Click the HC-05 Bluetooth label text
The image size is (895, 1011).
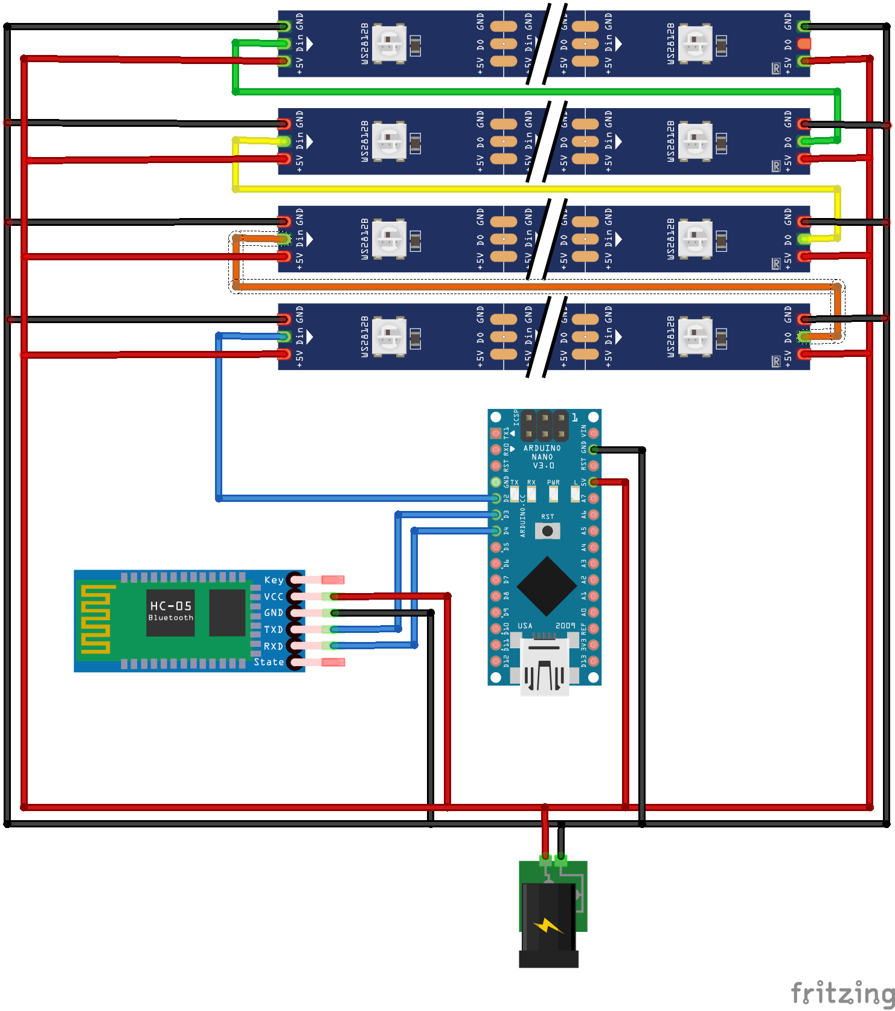pyautogui.click(x=171, y=610)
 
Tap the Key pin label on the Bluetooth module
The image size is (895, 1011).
pyautogui.click(x=274, y=580)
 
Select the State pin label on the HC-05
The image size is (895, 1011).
pyautogui.click(x=269, y=662)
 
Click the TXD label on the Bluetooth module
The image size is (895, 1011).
pyautogui.click(x=273, y=629)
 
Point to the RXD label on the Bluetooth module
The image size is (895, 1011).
pyautogui.click(x=273, y=646)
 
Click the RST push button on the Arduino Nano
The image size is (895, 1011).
pyautogui.click(x=547, y=531)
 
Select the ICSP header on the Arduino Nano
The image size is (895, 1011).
pyautogui.click(x=544, y=425)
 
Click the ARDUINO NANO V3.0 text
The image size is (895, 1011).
pyautogui.click(x=542, y=457)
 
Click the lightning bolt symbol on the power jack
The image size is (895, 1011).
pyautogui.click(x=548, y=925)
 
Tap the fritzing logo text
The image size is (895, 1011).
pyautogui.click(x=842, y=992)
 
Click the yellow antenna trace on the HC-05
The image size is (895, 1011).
pyautogui.click(x=95, y=619)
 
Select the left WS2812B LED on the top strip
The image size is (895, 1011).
pyautogui.click(x=389, y=43)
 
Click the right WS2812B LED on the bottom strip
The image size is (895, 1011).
pyautogui.click(x=695, y=337)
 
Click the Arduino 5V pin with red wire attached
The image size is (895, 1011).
pyautogui.click(x=594, y=482)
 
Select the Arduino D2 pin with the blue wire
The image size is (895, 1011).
pyautogui.click(x=496, y=498)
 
